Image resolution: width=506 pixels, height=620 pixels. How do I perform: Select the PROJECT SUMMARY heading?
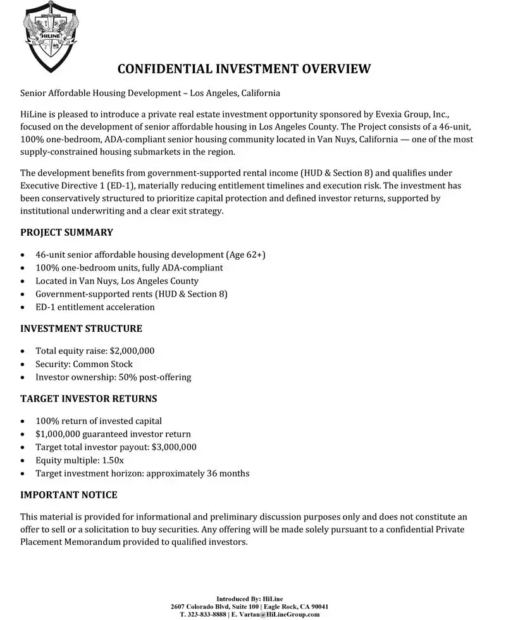66,232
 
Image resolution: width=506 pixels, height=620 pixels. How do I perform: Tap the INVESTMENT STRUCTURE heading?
81,329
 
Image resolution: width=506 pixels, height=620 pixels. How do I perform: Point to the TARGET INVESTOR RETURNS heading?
89,399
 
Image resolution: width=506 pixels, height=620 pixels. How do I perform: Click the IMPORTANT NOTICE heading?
69,494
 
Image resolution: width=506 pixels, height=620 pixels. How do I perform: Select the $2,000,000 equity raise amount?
132,351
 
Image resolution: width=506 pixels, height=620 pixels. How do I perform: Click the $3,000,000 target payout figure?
174,447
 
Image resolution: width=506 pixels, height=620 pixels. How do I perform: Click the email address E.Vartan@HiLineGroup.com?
276,614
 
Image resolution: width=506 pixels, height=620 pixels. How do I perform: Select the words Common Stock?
103,364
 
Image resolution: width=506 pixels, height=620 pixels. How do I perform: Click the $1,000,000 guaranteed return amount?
59,434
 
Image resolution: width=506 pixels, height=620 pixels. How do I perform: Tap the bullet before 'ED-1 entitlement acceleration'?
23,307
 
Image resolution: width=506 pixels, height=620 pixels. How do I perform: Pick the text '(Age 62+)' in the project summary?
245,255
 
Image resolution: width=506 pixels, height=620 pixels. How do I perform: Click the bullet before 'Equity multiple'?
23,460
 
